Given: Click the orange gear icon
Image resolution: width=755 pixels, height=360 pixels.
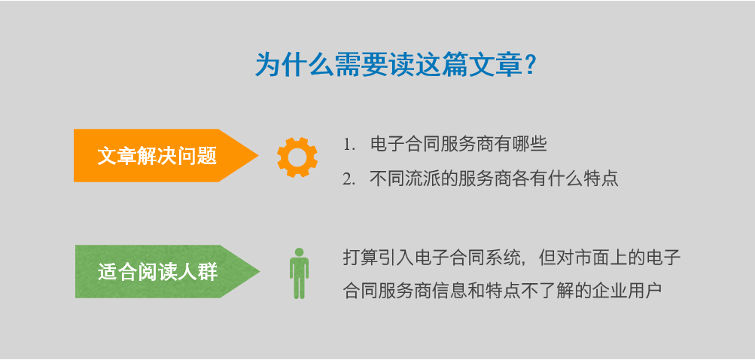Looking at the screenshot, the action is click(x=297, y=157).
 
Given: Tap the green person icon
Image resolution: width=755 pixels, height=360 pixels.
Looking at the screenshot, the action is click(x=299, y=273).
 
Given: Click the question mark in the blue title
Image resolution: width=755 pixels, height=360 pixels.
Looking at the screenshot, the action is click(x=530, y=65).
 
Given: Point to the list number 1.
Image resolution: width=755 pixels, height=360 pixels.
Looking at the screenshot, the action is click(x=348, y=145).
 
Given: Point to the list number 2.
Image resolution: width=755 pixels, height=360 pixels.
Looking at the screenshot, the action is click(x=348, y=179).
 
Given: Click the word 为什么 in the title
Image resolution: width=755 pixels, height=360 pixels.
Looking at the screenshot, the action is click(x=294, y=65).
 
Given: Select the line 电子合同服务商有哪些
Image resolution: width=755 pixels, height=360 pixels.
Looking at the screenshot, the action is click(x=458, y=145).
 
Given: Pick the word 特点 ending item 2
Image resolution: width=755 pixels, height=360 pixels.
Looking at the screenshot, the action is click(x=601, y=179).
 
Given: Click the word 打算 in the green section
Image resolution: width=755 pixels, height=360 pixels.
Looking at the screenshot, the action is click(x=361, y=257).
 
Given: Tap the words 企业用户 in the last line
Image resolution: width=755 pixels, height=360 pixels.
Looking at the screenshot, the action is click(x=627, y=291).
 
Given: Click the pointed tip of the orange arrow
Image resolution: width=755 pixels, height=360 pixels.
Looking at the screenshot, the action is click(x=259, y=155).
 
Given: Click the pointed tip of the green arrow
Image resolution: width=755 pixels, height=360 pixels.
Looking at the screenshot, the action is click(x=260, y=271).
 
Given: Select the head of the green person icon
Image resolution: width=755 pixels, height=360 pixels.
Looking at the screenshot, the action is click(x=299, y=252).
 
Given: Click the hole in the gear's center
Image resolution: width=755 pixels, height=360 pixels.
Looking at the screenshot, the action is click(x=297, y=157).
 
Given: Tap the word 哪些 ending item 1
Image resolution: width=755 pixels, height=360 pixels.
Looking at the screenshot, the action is click(x=530, y=145).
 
